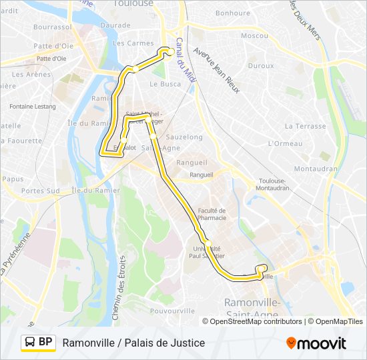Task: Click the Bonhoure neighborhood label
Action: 233,13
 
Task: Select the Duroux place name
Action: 261,66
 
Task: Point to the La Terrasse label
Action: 305,125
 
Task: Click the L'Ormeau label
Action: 286,143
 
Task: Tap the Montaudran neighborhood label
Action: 316,169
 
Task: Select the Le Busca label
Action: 165,84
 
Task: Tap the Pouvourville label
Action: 173,311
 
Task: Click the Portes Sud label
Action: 40,191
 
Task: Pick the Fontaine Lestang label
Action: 33,106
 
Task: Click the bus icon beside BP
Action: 30,343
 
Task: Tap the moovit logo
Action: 316,343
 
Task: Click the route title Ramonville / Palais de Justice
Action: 133,343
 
